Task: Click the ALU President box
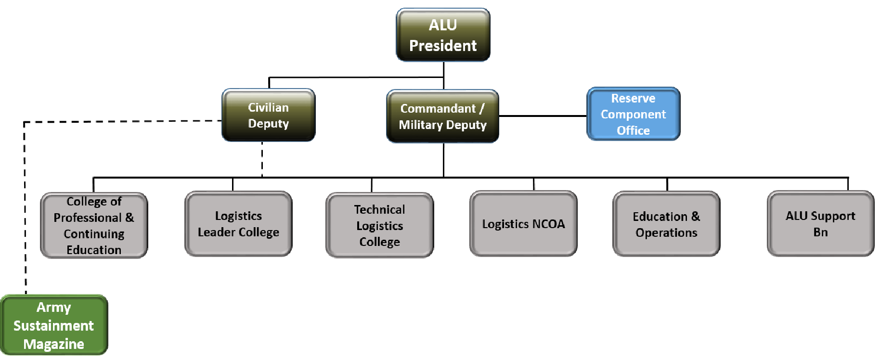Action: tap(443, 35)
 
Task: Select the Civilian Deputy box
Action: tap(269, 115)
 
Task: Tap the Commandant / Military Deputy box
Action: tap(442, 116)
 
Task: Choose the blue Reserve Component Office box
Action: tap(633, 114)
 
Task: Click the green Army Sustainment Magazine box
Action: tap(54, 325)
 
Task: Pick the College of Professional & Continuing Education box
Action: tap(94, 225)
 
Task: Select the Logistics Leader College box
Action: tap(238, 224)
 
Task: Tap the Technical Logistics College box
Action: tap(379, 225)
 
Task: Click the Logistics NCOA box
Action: tap(523, 224)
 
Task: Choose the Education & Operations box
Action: tap(666, 224)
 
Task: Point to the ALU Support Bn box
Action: tap(820, 224)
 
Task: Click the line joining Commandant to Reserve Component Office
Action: tap(543, 116)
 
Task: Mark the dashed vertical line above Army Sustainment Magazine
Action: tap(25, 208)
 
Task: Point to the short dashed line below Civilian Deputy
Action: tap(262, 159)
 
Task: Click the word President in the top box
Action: tap(443, 45)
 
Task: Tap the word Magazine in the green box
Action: tap(54, 344)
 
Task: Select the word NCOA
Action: tap(549, 224)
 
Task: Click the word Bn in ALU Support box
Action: tap(821, 232)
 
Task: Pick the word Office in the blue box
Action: tap(634, 130)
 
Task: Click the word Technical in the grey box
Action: tap(379, 209)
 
